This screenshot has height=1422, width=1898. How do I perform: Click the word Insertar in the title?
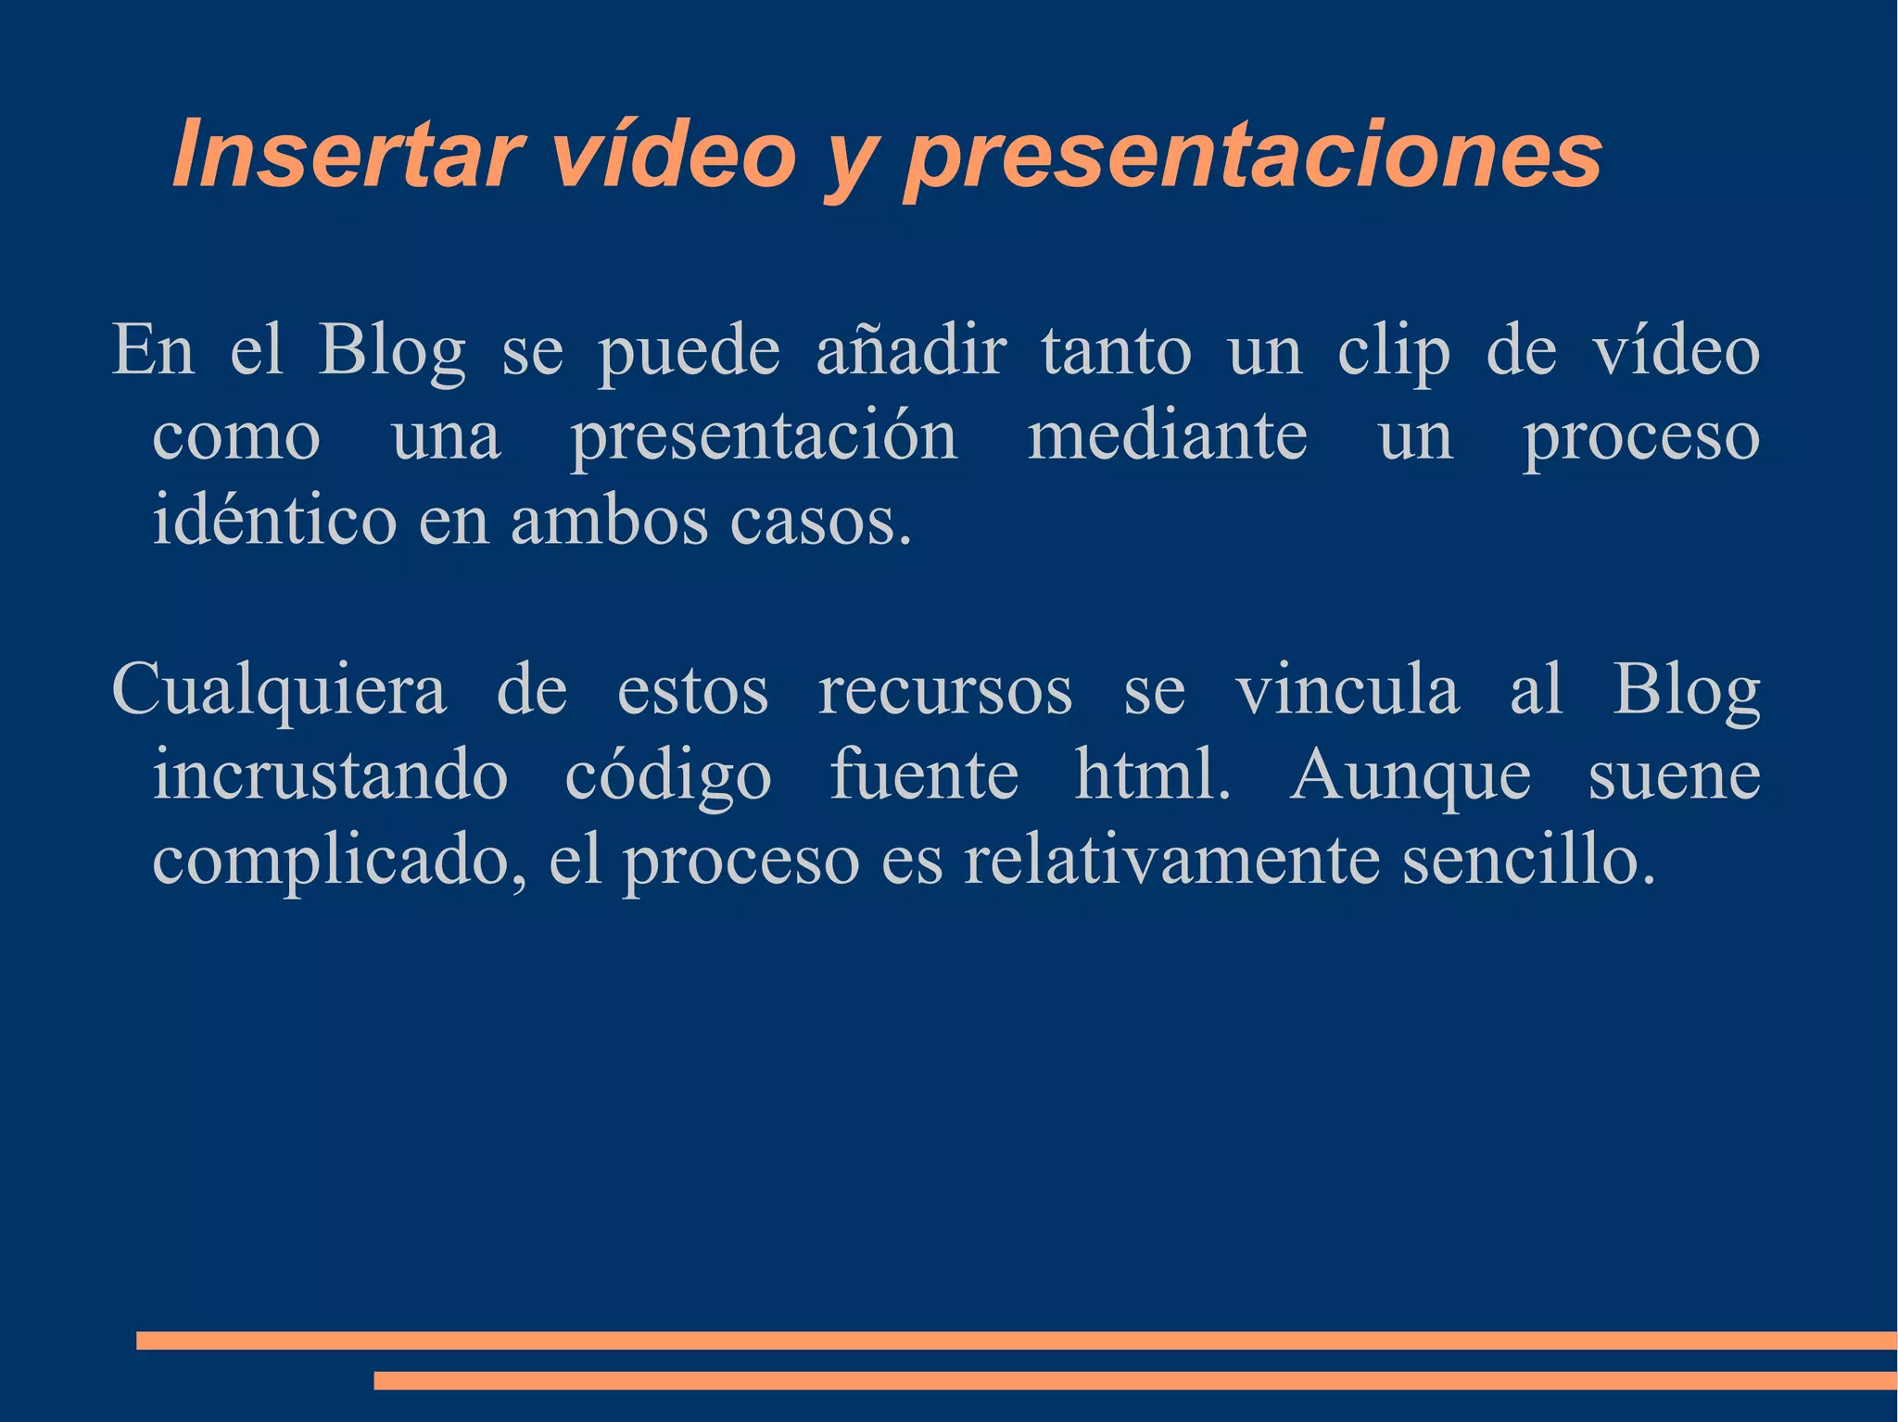click(348, 155)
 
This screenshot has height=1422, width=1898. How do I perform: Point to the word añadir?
click(910, 352)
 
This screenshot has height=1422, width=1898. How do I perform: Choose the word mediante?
click(1168, 437)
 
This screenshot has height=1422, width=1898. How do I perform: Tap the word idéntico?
click(274, 521)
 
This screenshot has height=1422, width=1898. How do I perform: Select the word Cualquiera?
click(278, 692)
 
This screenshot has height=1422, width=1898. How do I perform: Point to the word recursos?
click(945, 692)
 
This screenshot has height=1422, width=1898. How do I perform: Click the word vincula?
click(1348, 690)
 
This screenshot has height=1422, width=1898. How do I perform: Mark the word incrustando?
click(330, 775)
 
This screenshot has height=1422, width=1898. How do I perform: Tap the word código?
click(668, 777)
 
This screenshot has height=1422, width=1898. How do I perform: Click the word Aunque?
click(1411, 777)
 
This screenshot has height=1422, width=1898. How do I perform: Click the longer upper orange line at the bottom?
click(1017, 1340)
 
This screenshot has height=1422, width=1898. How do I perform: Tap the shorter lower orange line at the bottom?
click(1135, 1380)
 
